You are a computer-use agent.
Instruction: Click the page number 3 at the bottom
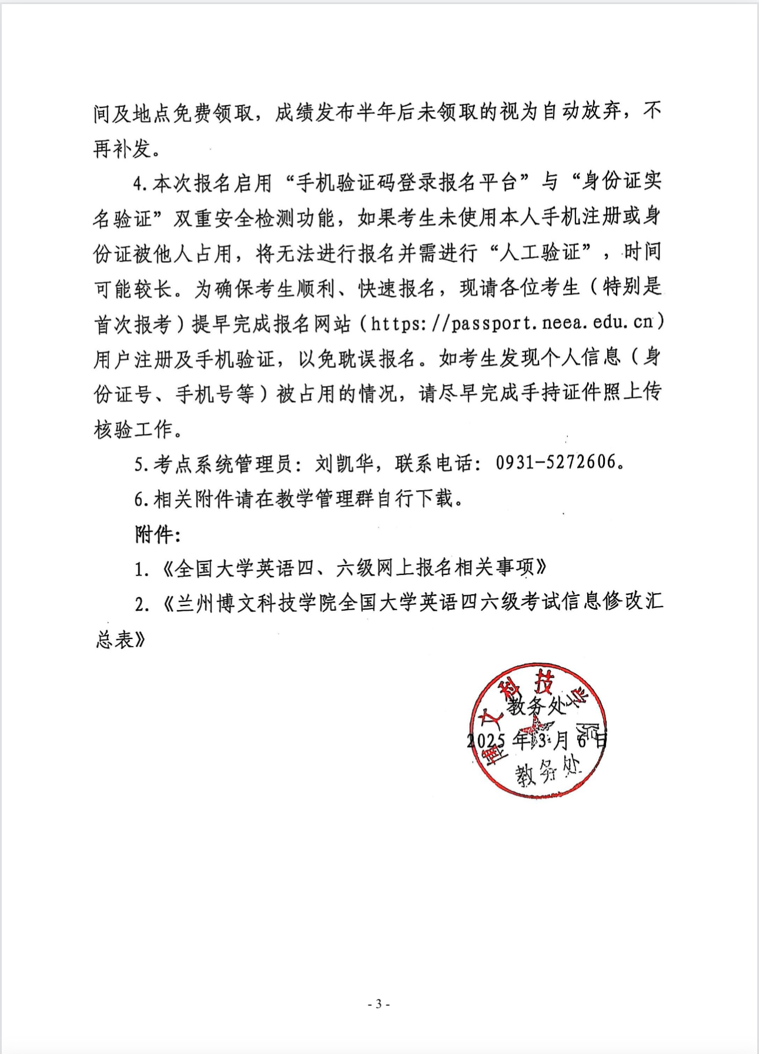(379, 1004)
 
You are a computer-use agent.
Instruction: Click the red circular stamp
(538, 731)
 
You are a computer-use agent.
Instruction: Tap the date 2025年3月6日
(537, 740)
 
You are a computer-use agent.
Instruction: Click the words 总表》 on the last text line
(121, 639)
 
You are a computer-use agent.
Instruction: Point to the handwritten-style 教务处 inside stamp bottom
(547, 772)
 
